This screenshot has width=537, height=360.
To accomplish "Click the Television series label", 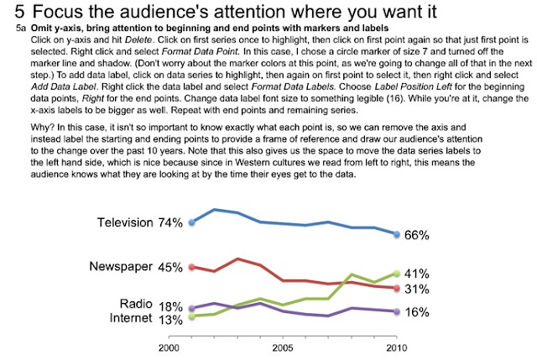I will coord(125,223).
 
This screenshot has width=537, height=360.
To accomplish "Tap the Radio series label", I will coord(136,305).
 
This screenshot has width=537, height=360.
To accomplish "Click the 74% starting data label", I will coord(170,223).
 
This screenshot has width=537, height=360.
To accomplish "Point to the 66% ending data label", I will coord(416,235).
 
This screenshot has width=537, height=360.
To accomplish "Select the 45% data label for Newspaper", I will coord(170,268).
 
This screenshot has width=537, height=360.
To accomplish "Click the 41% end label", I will coord(416,274).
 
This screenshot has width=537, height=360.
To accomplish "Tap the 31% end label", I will coord(416,289).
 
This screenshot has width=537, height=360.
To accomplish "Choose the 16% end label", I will coord(416,312).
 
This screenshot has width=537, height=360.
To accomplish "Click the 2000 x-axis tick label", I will coord(169,346).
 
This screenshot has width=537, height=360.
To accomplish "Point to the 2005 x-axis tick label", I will coord(282,346).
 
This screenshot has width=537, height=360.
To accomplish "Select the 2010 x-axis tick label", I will coord(395,346).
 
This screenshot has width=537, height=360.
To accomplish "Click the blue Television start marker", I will coord(192,223).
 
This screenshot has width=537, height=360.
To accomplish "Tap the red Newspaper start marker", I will coord(192,267).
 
